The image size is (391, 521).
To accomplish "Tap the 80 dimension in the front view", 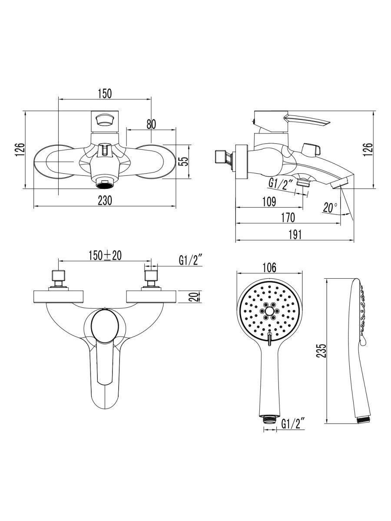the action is coord(151,124).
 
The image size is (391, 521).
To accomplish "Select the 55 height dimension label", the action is coord(185,162).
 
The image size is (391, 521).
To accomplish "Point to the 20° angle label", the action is coord(330,208).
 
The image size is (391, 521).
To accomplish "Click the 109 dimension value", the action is coord(269,202).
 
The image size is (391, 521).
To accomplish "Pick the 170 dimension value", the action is coord(288,218).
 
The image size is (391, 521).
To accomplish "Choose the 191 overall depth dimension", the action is coord(295,235).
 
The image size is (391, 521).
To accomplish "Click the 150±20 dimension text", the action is coord(105,255).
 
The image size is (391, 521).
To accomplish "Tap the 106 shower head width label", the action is coord(269,267).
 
